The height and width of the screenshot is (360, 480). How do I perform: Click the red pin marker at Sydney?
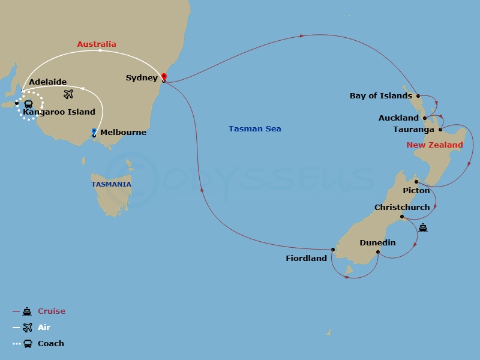[163, 76]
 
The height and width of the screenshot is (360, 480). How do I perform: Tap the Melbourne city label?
[123, 133]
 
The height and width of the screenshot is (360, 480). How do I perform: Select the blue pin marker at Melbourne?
[94, 132]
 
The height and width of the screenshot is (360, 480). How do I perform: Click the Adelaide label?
[47, 82]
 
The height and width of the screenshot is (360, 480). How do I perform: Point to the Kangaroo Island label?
[59, 112]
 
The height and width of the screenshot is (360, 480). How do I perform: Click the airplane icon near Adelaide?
[68, 94]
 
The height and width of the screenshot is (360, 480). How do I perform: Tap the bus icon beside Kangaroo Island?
[28, 104]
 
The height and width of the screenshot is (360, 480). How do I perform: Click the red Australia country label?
[97, 44]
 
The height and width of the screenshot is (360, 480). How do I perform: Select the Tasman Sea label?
[254, 128]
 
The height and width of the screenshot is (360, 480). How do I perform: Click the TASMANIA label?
[111, 184]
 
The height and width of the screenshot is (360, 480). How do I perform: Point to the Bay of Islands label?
[380, 95]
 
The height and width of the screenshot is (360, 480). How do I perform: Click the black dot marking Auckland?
[425, 118]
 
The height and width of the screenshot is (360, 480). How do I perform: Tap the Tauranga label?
[413, 129]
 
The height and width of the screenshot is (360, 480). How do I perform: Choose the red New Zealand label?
[434, 145]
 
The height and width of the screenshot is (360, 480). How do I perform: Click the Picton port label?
[416, 190]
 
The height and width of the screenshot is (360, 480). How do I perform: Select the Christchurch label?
[402, 207]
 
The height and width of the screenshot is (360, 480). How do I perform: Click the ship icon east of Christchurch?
[423, 227]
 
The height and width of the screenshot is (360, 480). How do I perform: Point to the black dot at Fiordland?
[332, 250]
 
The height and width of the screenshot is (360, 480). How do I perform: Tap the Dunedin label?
[377, 242]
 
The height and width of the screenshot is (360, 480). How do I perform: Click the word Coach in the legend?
[50, 343]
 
